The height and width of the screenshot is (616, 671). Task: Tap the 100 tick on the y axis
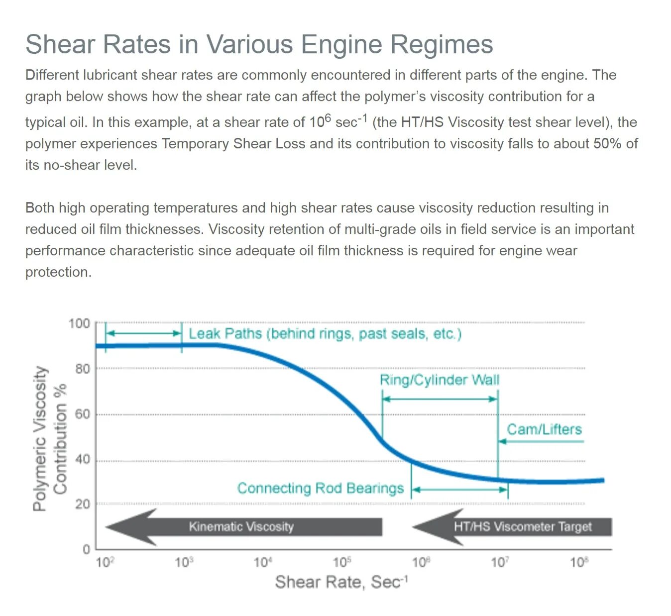click(x=79, y=323)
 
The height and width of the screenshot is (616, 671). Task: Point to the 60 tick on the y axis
click(x=83, y=414)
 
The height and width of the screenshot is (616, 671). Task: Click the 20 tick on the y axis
click(x=83, y=504)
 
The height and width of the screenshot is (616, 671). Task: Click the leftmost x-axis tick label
click(x=105, y=563)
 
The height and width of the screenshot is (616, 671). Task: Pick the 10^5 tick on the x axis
click(x=342, y=563)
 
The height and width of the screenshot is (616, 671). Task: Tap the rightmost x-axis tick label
click(x=579, y=563)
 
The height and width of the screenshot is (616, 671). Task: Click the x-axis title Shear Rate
click(x=341, y=582)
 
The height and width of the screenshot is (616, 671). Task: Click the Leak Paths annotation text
click(x=325, y=333)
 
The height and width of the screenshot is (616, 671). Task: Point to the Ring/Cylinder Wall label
click(x=440, y=380)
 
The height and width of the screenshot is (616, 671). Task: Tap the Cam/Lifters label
click(x=544, y=429)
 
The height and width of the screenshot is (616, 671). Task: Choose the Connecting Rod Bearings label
click(x=320, y=488)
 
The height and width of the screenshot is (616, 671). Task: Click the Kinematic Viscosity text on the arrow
click(x=241, y=526)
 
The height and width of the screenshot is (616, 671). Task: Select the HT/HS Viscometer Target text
click(x=523, y=526)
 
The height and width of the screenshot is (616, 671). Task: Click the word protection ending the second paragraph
click(x=58, y=272)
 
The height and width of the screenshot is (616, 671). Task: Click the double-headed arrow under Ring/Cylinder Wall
click(x=440, y=399)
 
